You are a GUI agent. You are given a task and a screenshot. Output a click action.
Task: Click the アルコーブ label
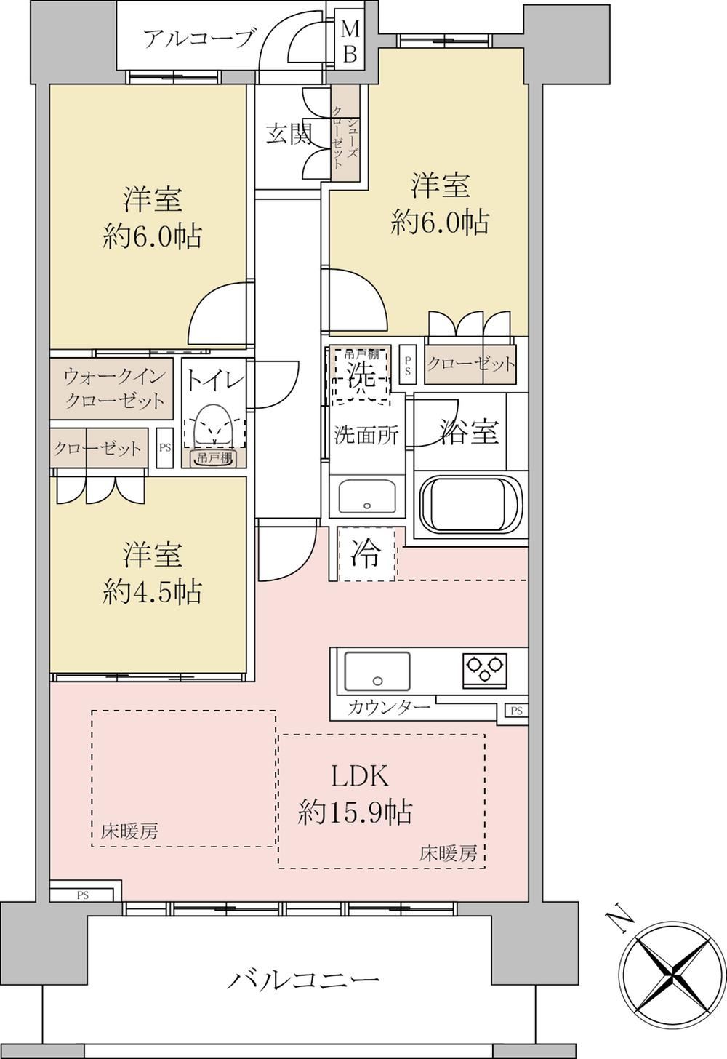click(199, 39)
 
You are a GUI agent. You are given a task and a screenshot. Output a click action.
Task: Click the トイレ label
click(215, 380)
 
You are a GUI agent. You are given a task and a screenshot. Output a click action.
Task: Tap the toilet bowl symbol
click(215, 425)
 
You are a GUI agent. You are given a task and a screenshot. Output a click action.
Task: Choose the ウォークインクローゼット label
click(114, 388)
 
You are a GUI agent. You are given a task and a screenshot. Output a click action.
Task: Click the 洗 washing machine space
click(361, 375)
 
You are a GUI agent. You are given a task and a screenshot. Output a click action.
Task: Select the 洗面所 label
click(366, 435)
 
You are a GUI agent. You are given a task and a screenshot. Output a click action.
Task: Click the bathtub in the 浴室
click(470, 504)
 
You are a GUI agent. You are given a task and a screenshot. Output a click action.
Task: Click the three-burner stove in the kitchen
click(484, 669)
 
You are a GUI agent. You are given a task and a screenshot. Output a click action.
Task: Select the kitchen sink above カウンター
click(377, 671)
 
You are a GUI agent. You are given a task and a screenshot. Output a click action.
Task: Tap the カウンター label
click(389, 708)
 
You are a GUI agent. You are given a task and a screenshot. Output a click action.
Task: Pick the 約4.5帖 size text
click(152, 591)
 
